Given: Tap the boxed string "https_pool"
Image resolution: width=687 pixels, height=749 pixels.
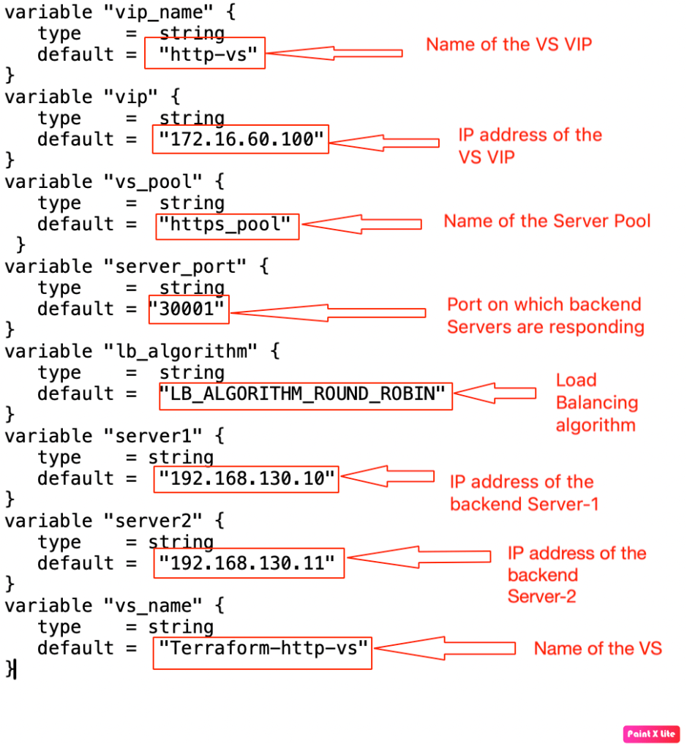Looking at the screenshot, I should [228, 224].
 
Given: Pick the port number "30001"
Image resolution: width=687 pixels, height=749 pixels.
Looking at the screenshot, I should [188, 309].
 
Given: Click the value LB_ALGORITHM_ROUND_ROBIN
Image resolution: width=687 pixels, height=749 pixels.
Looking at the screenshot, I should [305, 394].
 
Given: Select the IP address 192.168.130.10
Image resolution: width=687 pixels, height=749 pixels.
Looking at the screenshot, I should [247, 479].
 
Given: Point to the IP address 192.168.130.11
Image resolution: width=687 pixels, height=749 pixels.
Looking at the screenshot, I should [249, 562].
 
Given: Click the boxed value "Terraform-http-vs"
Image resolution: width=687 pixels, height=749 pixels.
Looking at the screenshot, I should [262, 647].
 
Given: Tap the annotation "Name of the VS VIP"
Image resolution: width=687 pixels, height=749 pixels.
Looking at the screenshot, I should [508, 44].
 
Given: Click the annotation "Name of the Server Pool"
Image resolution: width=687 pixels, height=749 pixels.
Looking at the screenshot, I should [547, 221].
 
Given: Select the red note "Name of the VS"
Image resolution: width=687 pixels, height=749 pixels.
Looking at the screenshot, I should [597, 648].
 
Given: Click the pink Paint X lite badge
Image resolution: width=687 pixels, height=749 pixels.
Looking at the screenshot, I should [651, 734].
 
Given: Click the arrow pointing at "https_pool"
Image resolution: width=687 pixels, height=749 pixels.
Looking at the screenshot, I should [361, 224].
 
